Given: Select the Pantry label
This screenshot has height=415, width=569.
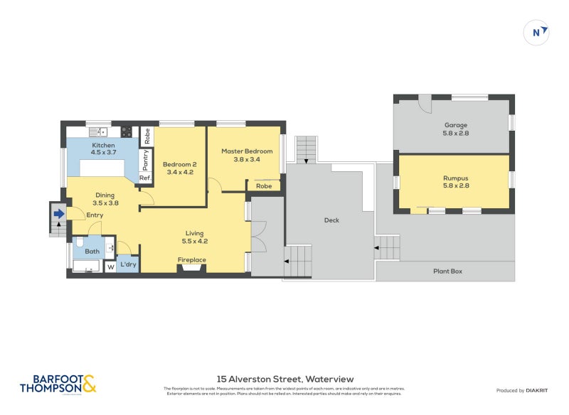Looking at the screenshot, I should [146, 159].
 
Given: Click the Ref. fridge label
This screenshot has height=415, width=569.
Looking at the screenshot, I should [145, 178].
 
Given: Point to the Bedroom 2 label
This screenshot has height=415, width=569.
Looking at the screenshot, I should [180, 168].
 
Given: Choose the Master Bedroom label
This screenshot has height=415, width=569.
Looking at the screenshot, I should [247, 155].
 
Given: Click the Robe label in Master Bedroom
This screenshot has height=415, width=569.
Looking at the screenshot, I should [264, 186].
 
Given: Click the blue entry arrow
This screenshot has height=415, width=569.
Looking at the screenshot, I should [59, 212].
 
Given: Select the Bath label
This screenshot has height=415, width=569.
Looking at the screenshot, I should [92, 251].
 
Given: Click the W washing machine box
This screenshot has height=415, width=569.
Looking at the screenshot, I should [110, 268].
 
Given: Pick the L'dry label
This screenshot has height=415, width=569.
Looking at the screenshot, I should [129, 265].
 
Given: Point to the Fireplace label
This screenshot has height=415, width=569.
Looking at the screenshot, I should [191, 260].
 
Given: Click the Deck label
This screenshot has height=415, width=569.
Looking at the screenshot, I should [331, 220].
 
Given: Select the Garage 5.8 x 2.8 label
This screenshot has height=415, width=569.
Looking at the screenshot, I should [455, 129].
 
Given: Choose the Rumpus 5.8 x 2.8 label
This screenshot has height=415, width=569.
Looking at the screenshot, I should [455, 181].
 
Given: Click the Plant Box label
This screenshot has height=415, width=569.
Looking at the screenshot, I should [448, 271].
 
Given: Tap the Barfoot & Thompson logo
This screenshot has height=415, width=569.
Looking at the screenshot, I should [57, 384].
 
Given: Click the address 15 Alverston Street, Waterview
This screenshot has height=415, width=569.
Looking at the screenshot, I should [284, 379].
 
